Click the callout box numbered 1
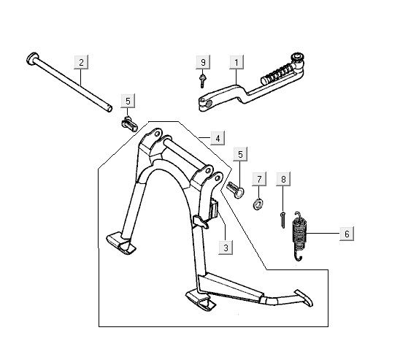(x=237, y=62)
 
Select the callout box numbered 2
(x=81, y=62)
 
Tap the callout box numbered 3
(x=226, y=248)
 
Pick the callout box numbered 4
(x=218, y=138)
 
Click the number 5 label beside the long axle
(x=128, y=101)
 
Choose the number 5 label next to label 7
(x=240, y=154)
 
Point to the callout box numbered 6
(x=347, y=234)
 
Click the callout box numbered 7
(x=259, y=179)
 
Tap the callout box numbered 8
(x=283, y=179)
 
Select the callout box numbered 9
(x=203, y=62)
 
